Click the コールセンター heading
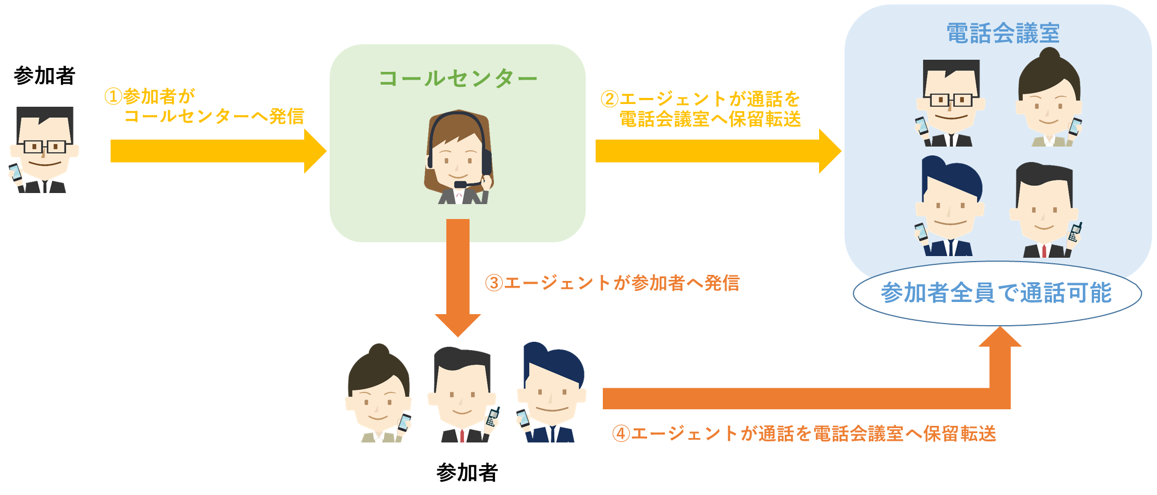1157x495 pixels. (x=458, y=79)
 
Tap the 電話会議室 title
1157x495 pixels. (x=1003, y=33)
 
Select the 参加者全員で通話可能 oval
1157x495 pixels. (x=997, y=293)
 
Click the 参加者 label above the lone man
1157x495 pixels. (x=44, y=76)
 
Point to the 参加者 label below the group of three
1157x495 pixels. (x=467, y=472)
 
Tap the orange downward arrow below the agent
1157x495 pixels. (x=458, y=277)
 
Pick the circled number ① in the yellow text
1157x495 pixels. (x=113, y=97)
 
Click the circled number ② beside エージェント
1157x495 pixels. (x=609, y=100)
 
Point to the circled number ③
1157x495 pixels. (x=493, y=283)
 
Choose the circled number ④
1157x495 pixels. (x=621, y=434)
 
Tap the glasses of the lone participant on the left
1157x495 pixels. (x=44, y=147)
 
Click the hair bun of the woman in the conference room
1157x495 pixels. (x=1049, y=54)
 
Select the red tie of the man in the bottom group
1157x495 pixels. (x=462, y=435)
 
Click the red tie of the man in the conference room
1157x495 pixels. (x=1044, y=251)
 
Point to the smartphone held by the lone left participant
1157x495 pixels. (x=15, y=171)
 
